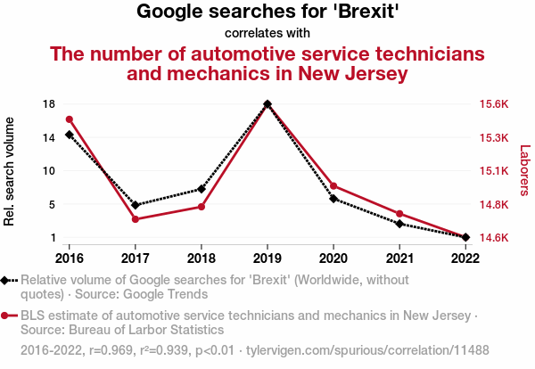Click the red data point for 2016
(x=70, y=119)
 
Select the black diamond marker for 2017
(x=136, y=205)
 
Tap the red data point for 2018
(x=202, y=207)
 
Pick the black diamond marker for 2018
(x=202, y=189)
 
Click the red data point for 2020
(x=333, y=186)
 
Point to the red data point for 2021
(x=399, y=214)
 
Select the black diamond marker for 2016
(x=70, y=135)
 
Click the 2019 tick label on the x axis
(x=267, y=258)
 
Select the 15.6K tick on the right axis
(x=493, y=104)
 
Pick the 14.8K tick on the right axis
(x=493, y=205)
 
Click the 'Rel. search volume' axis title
(x=10, y=171)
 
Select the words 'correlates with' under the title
(x=267, y=33)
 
